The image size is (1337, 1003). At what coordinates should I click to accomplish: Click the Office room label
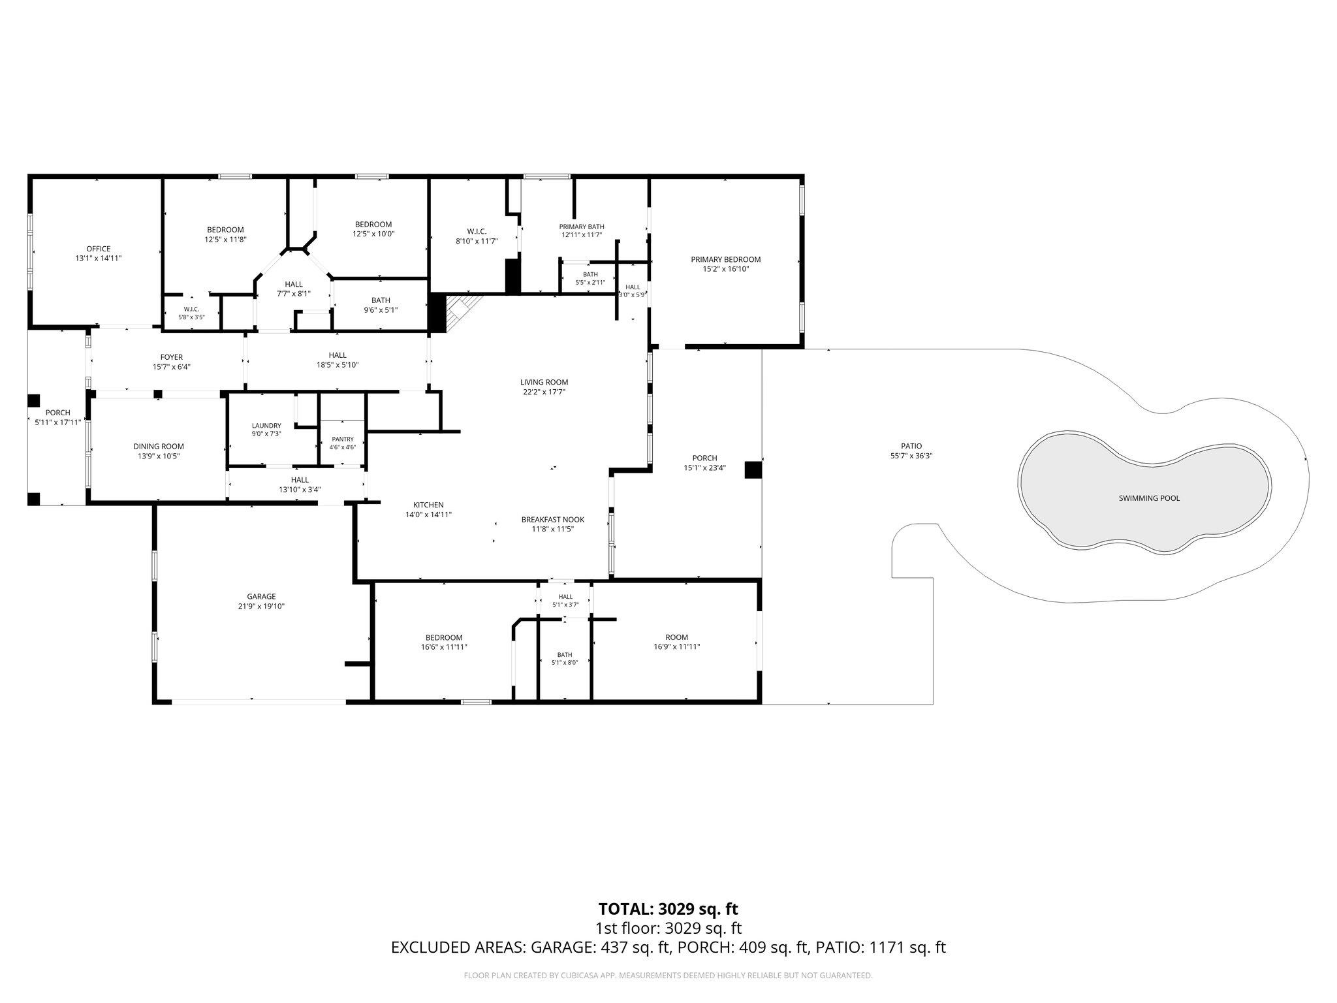pos(98,249)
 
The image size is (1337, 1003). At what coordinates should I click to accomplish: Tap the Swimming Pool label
pos(1149,498)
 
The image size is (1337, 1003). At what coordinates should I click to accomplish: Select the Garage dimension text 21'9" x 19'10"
pos(261,606)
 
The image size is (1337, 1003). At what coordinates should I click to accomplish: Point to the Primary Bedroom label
pos(726,259)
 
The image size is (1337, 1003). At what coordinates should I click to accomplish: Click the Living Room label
pos(544,382)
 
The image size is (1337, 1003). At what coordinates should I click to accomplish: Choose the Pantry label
pos(343,439)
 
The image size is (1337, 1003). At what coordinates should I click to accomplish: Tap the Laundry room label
pos(266,425)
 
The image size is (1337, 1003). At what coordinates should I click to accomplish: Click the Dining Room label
pos(159,447)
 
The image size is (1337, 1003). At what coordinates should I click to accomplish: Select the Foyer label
pos(172,357)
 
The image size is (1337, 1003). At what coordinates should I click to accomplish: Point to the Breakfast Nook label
pos(552,520)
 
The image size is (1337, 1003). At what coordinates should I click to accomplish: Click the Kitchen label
pos(428,505)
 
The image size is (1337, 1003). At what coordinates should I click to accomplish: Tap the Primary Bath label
pos(582,227)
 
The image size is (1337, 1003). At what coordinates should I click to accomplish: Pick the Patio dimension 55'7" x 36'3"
pos(911,456)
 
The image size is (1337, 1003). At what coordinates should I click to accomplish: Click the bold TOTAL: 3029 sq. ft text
pos(668,908)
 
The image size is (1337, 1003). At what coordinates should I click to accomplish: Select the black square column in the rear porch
pos(753,470)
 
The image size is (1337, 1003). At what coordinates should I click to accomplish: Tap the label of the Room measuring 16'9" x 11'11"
pos(676,637)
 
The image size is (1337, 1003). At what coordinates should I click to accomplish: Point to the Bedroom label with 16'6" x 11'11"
pos(444,638)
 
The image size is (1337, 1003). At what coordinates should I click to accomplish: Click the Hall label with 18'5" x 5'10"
pos(338,355)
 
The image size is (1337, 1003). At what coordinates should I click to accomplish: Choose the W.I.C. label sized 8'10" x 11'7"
pos(477,232)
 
